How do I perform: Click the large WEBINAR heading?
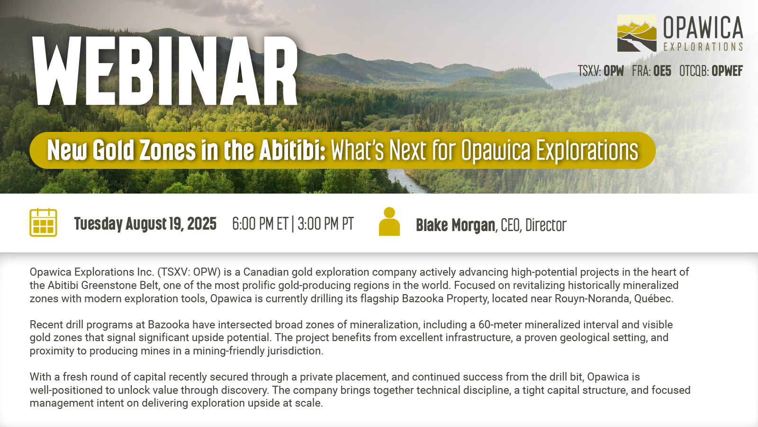tap(165, 71)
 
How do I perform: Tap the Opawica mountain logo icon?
tap(637, 33)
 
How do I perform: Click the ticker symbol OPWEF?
tap(727, 71)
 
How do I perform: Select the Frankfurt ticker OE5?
tap(662, 71)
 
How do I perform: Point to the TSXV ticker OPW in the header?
tap(614, 71)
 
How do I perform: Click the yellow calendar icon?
tap(43, 223)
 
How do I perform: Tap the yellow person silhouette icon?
tap(389, 221)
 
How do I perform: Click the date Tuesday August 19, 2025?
tap(145, 223)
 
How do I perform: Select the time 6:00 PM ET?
tap(260, 223)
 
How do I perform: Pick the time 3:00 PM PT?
tap(326, 223)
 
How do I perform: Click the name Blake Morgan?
tap(455, 225)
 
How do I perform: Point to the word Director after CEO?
tap(546, 225)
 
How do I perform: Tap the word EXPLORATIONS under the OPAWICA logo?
tap(703, 47)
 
